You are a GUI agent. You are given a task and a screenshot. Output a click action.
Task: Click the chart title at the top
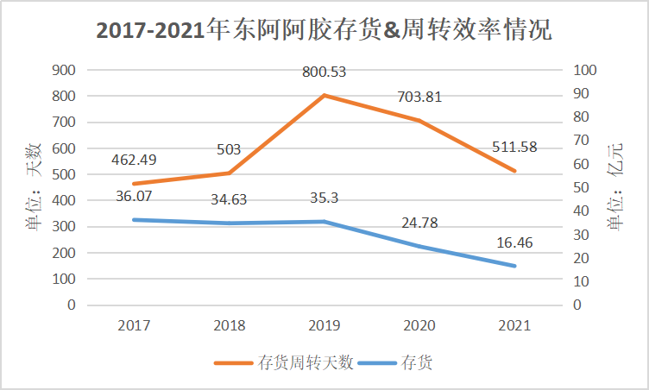324,31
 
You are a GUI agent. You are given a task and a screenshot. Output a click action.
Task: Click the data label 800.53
324,72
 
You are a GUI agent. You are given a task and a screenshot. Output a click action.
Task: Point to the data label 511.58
514,147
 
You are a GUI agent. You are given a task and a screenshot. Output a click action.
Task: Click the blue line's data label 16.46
514,243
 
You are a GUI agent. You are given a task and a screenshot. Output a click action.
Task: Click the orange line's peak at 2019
324,95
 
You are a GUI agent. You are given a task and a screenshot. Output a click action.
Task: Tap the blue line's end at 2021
514,266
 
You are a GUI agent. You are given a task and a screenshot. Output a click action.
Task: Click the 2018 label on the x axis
229,325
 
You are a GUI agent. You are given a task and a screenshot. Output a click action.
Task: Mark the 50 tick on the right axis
583,187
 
